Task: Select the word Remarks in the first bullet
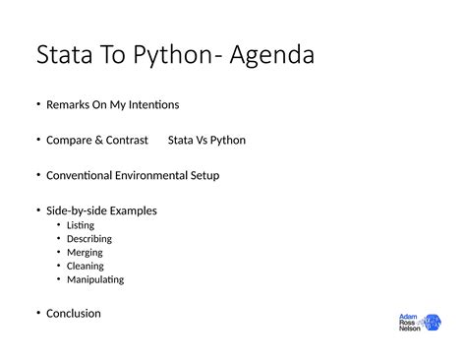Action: pyautogui.click(x=68, y=104)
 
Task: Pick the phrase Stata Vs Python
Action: pyautogui.click(x=206, y=140)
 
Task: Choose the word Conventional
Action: pyautogui.click(x=84, y=175)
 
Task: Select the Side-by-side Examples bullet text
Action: pyautogui.click(x=101, y=210)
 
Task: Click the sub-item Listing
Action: pyautogui.click(x=81, y=225)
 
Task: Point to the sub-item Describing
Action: pyautogui.click(x=89, y=239)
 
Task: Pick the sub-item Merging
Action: pyautogui.click(x=86, y=252)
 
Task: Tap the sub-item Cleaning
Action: pyautogui.click(x=86, y=266)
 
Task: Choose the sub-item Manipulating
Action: pyautogui.click(x=95, y=279)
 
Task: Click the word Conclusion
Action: pyautogui.click(x=74, y=314)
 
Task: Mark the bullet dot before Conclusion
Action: pyautogui.click(x=38, y=314)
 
